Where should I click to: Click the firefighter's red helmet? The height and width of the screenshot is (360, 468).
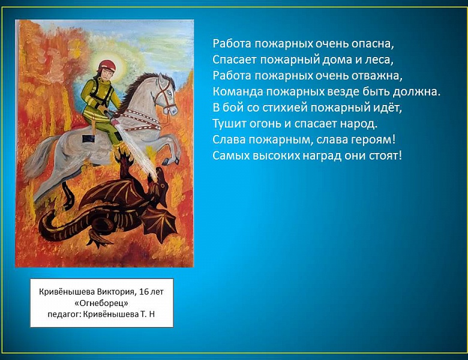[106, 64]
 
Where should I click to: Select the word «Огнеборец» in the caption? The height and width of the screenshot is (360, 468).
[101, 302]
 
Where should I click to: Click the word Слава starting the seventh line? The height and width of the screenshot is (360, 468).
[227, 140]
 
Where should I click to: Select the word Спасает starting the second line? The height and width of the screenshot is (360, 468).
[233, 59]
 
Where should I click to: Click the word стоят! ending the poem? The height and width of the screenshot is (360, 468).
[385, 156]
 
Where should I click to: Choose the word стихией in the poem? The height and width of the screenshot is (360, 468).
[278, 108]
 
